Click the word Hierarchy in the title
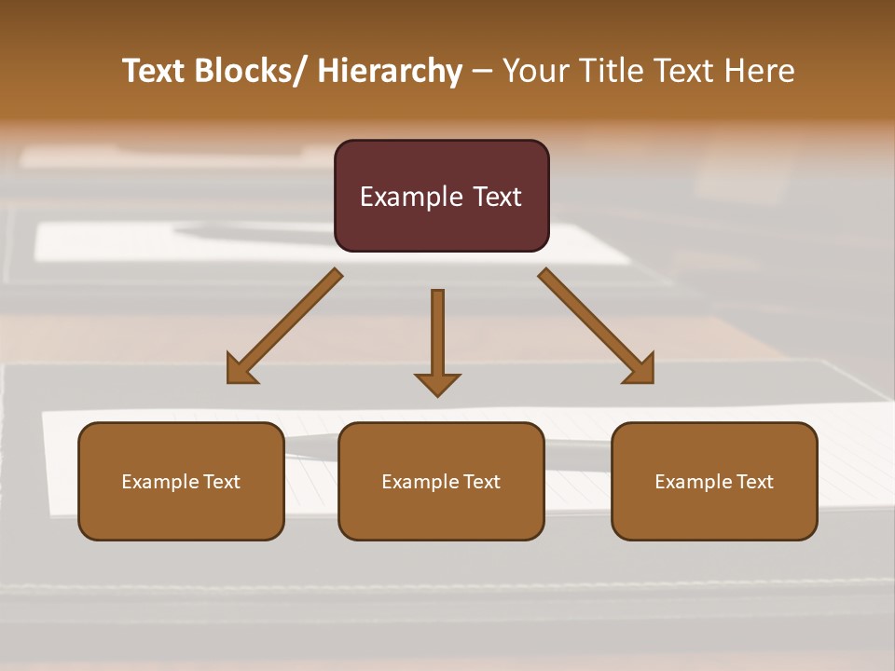click(x=390, y=71)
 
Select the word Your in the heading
click(x=534, y=71)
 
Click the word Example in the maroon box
click(x=410, y=197)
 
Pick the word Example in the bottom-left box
click(x=159, y=482)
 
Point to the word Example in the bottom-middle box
click(x=420, y=482)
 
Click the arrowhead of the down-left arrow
click(x=241, y=371)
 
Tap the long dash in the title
click(x=482, y=72)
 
